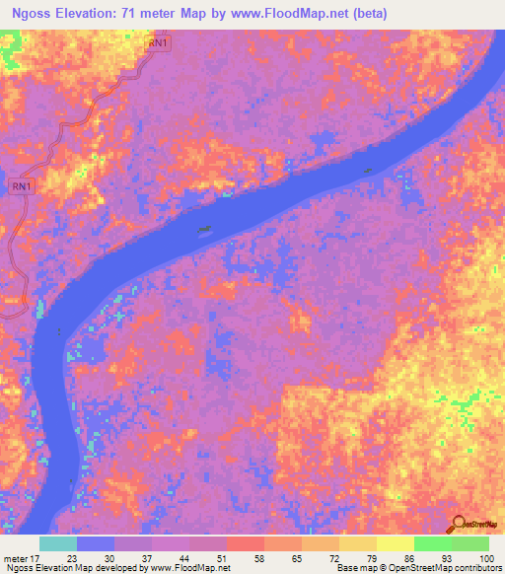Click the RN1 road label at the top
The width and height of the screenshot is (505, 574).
pos(158,43)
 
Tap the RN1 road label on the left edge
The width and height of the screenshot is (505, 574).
pos(22,185)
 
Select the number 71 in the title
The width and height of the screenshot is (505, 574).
pos(120,14)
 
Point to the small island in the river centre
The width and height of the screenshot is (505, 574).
pos(203,231)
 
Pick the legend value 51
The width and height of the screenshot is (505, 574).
pos(230,556)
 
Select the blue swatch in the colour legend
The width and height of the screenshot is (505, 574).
pos(95,543)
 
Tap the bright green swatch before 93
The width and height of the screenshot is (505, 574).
pos(432,543)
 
